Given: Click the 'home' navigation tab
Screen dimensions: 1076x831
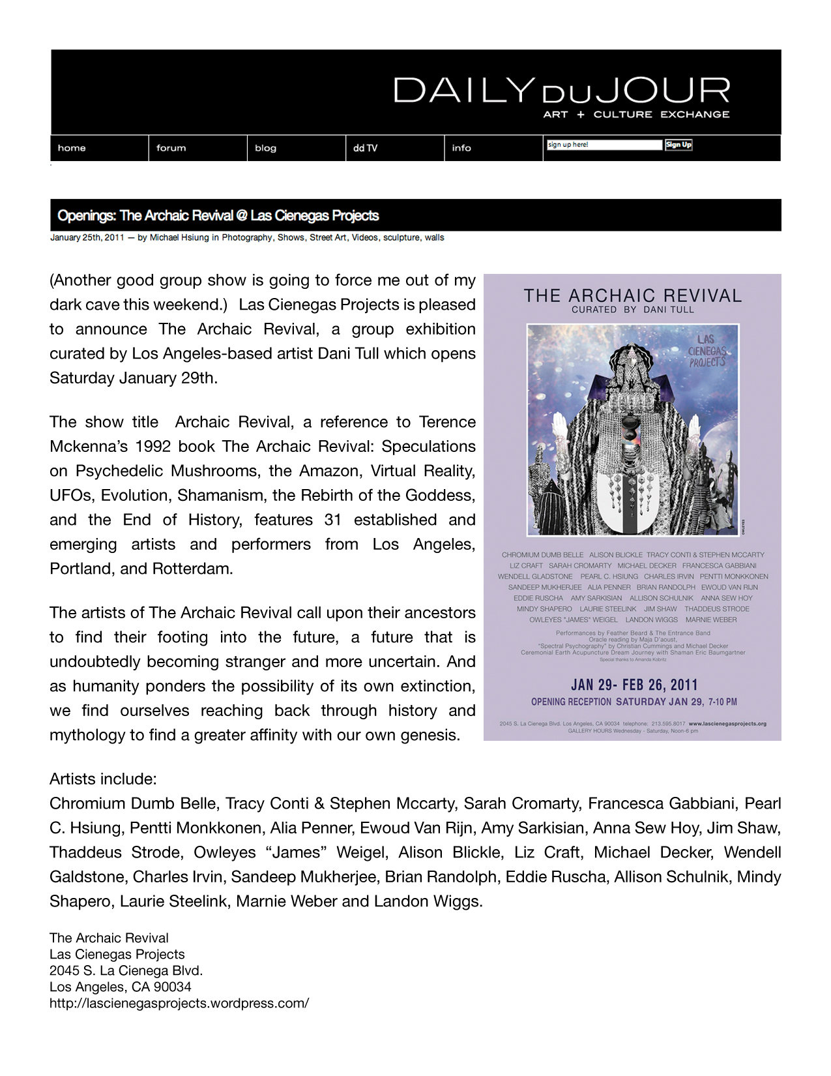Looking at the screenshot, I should (72, 148).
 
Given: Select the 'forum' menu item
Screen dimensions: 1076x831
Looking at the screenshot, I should (171, 148).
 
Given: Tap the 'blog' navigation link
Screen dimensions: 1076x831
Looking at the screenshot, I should (265, 148).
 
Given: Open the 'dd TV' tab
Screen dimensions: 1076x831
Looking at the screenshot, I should (365, 148).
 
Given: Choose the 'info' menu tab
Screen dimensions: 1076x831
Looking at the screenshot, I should (461, 148).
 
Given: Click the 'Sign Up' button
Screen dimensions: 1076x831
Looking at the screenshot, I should (678, 145).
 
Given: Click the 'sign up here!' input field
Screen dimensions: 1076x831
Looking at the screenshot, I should (604, 145).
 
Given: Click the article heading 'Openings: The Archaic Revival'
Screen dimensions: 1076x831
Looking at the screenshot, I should (218, 216).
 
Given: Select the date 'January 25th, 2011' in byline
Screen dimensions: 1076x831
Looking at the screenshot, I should (87, 237).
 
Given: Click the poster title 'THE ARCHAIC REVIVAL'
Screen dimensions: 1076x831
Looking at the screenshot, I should (632, 296).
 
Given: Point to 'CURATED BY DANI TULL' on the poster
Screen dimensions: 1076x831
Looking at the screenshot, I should (632, 310).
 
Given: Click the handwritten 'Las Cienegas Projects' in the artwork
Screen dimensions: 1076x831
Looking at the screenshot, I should (707, 350).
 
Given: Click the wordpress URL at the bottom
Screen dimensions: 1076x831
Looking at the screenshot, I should (179, 1003).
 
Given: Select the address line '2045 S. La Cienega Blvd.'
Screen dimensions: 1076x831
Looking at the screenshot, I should (126, 970).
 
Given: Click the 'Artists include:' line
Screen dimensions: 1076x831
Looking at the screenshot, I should (103, 779).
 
